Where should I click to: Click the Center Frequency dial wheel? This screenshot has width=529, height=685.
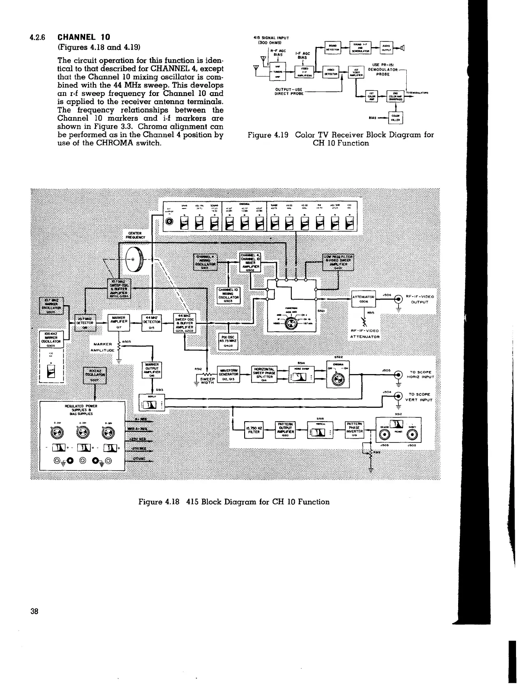(133, 260)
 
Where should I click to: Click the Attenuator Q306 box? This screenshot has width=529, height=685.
(363, 299)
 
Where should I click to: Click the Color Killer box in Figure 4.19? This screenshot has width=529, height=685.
(395, 118)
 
